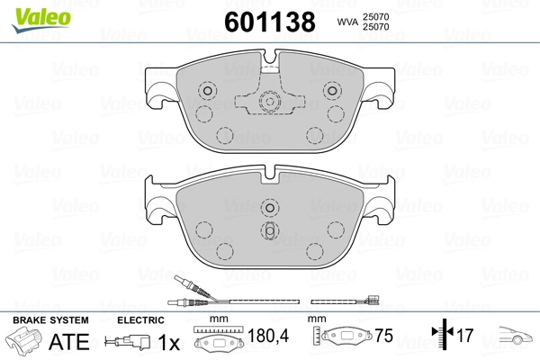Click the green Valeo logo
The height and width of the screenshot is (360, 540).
click(x=41, y=20)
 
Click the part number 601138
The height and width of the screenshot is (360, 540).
click(x=270, y=22)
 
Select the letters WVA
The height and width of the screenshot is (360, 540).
click(x=347, y=22)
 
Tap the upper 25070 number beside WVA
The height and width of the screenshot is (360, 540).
click(x=375, y=16)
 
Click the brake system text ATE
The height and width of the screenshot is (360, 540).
click(x=69, y=342)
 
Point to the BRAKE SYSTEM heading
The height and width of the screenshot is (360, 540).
click(x=50, y=320)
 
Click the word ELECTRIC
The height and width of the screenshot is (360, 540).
click(x=140, y=320)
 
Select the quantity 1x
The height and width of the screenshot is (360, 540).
click(x=169, y=342)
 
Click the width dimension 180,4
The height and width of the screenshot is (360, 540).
click(x=268, y=336)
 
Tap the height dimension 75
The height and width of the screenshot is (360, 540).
click(x=383, y=336)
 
